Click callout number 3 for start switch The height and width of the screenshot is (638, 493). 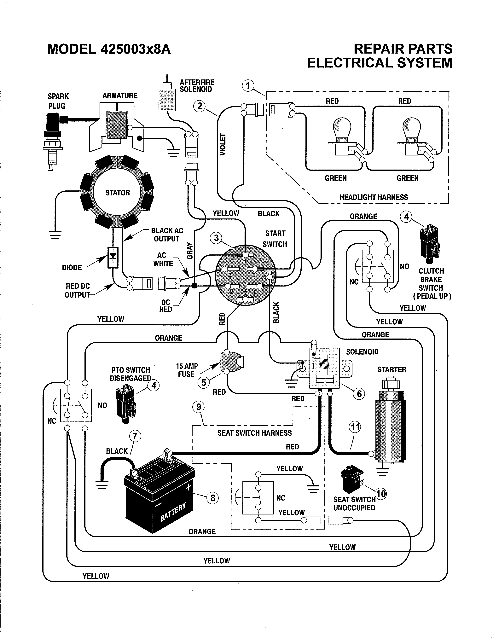(216, 238)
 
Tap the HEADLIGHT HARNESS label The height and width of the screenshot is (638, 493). (374, 197)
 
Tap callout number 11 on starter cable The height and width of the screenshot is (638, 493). (355, 427)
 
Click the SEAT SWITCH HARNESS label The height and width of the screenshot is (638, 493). (254, 433)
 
